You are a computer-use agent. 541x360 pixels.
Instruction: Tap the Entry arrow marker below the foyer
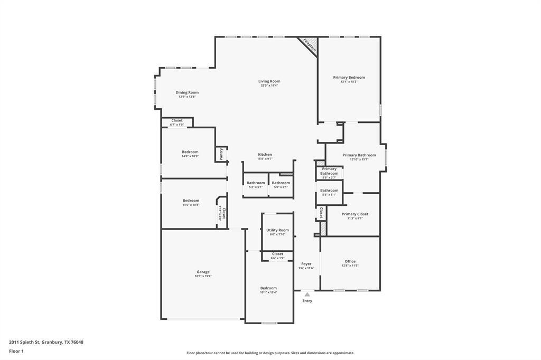(x=307, y=295)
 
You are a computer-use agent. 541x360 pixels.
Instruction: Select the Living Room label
(x=269, y=83)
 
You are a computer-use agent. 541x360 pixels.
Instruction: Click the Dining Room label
(x=187, y=94)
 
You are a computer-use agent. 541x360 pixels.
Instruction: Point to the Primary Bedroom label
(x=349, y=79)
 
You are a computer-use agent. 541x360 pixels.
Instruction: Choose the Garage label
(x=203, y=273)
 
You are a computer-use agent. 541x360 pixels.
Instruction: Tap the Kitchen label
(x=265, y=156)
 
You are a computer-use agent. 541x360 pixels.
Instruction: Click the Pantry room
(x=221, y=154)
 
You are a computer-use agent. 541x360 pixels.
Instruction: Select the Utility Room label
(x=277, y=232)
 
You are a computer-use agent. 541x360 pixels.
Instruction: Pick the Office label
(x=350, y=263)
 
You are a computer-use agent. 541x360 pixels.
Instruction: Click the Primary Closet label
(x=355, y=216)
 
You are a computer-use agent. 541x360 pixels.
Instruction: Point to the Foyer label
(x=306, y=266)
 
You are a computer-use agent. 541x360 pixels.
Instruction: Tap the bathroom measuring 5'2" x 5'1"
(x=256, y=184)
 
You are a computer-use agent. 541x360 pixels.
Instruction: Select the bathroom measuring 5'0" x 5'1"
(x=281, y=184)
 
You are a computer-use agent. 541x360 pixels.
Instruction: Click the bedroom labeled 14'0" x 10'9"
(x=190, y=154)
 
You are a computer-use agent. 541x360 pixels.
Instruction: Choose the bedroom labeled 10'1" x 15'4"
(x=268, y=290)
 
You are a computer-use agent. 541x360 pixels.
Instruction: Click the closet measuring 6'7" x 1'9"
(x=177, y=122)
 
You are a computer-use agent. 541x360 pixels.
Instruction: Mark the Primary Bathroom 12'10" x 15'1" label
(x=359, y=157)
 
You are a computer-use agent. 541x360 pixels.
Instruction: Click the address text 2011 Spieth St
(x=46, y=342)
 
